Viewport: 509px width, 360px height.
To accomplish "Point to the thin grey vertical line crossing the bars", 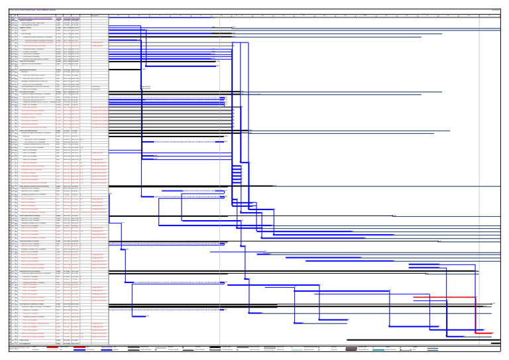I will pyautogui.click(x=220, y=166).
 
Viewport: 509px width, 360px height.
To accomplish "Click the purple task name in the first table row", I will pyautogui.click(x=36, y=19).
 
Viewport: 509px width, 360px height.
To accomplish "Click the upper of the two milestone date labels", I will pyautogui.click(x=146, y=87).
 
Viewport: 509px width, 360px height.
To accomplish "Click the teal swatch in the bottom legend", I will pyautogui.click(x=378, y=349).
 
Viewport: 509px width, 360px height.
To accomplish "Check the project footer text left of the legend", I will pyautogui.click(x=20, y=348).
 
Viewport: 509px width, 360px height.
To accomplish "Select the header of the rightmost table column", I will pyautogui.click(x=99, y=15).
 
